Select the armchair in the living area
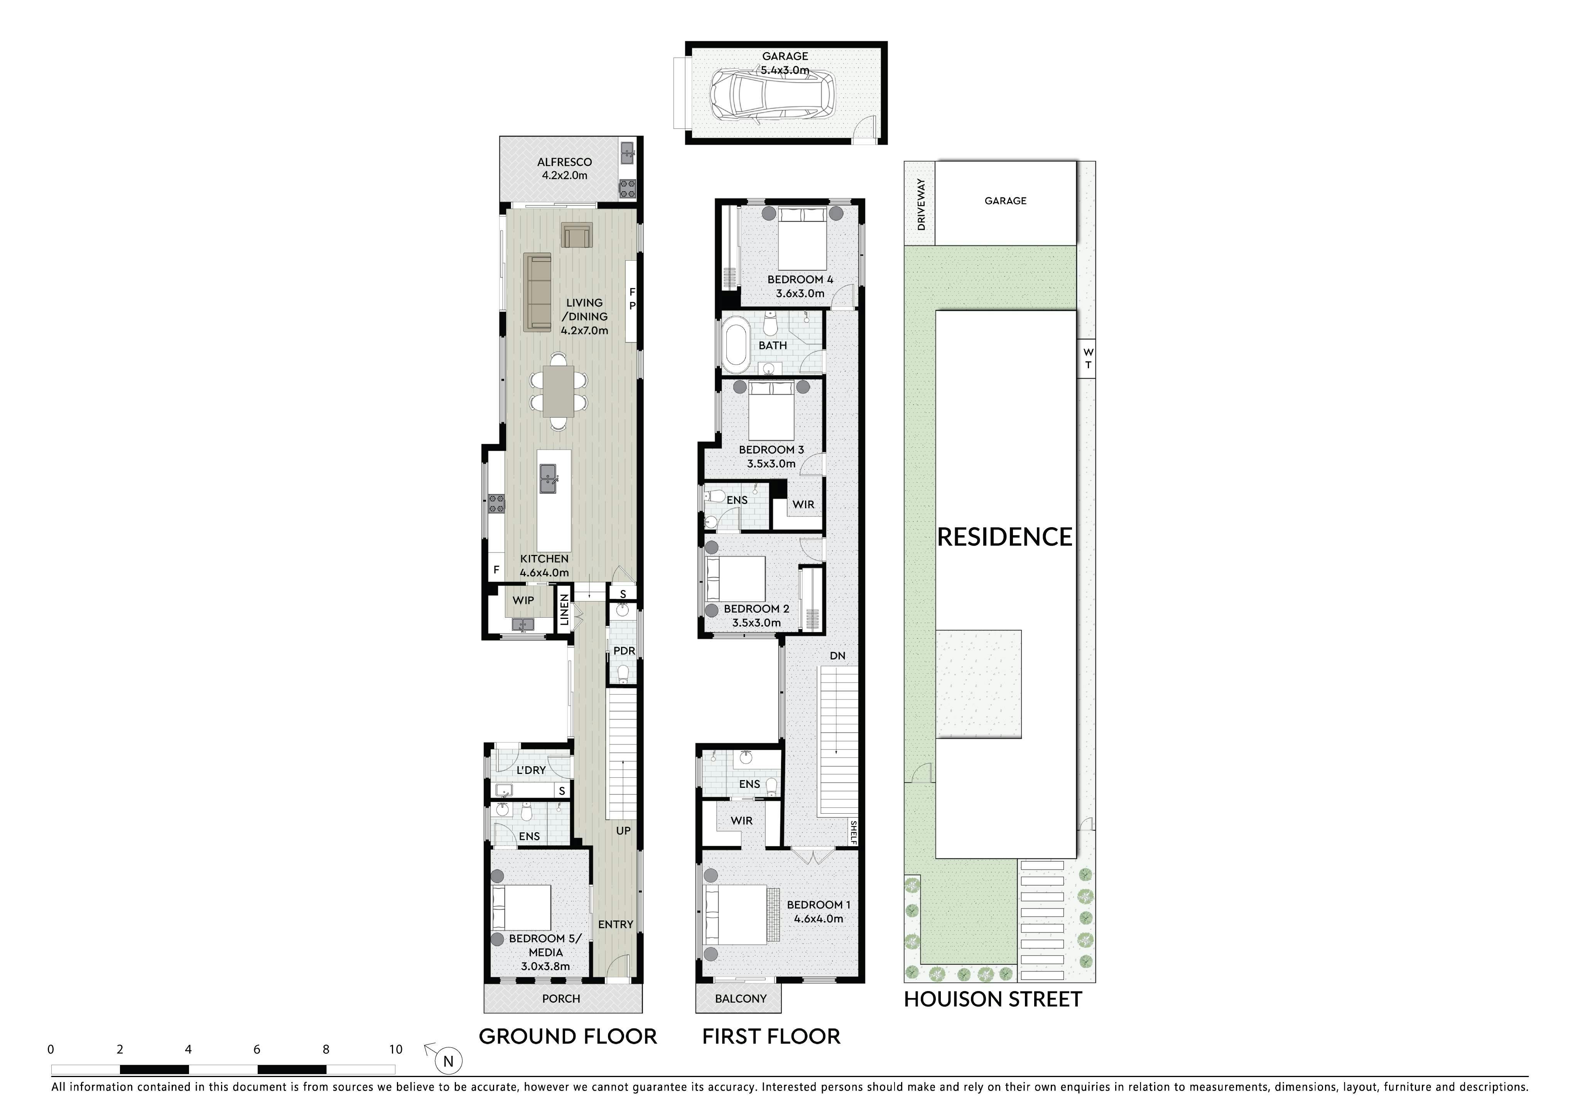click(576, 234)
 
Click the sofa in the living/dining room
click(537, 292)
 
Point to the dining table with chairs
click(558, 390)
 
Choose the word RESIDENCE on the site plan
click(1005, 537)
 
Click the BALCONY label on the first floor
click(741, 998)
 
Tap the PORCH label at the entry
click(561, 998)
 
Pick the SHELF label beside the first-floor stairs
click(853, 833)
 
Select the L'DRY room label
click(530, 770)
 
